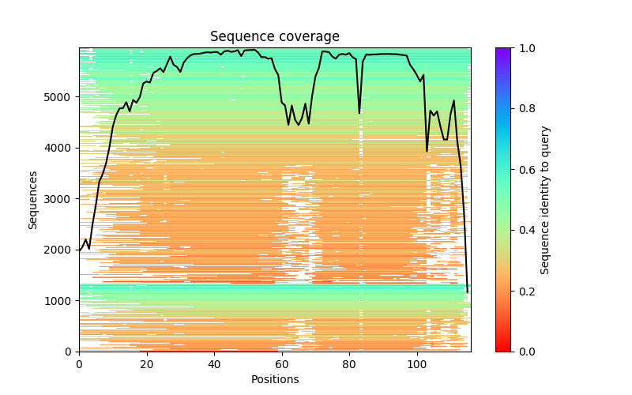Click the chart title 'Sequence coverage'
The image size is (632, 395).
tap(274, 37)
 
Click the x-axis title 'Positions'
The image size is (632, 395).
tap(274, 380)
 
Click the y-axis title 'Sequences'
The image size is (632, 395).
tap(33, 199)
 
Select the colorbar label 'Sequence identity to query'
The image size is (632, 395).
tap(545, 199)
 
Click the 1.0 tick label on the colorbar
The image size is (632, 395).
tap(525, 48)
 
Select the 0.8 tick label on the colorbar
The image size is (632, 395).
tap(525, 109)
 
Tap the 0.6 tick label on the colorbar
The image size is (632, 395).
tap(525, 170)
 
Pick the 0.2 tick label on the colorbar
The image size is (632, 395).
tap(525, 291)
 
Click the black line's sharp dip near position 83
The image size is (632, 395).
tap(359, 113)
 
